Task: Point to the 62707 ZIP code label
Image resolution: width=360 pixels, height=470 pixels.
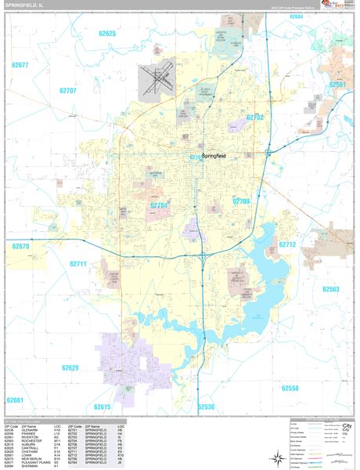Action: (69, 92)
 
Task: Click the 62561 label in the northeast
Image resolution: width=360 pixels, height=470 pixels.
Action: (338, 84)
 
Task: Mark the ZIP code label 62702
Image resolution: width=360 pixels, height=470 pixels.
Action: (254, 117)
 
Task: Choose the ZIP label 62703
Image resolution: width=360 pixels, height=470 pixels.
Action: (240, 201)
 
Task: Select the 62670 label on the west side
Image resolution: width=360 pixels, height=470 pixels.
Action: (20, 246)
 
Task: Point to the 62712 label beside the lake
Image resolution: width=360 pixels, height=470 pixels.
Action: (287, 245)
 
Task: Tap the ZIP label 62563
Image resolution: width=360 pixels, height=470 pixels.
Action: (331, 289)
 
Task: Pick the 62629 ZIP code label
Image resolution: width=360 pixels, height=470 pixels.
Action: (71, 367)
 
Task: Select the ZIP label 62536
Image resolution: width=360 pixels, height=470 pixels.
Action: (206, 407)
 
